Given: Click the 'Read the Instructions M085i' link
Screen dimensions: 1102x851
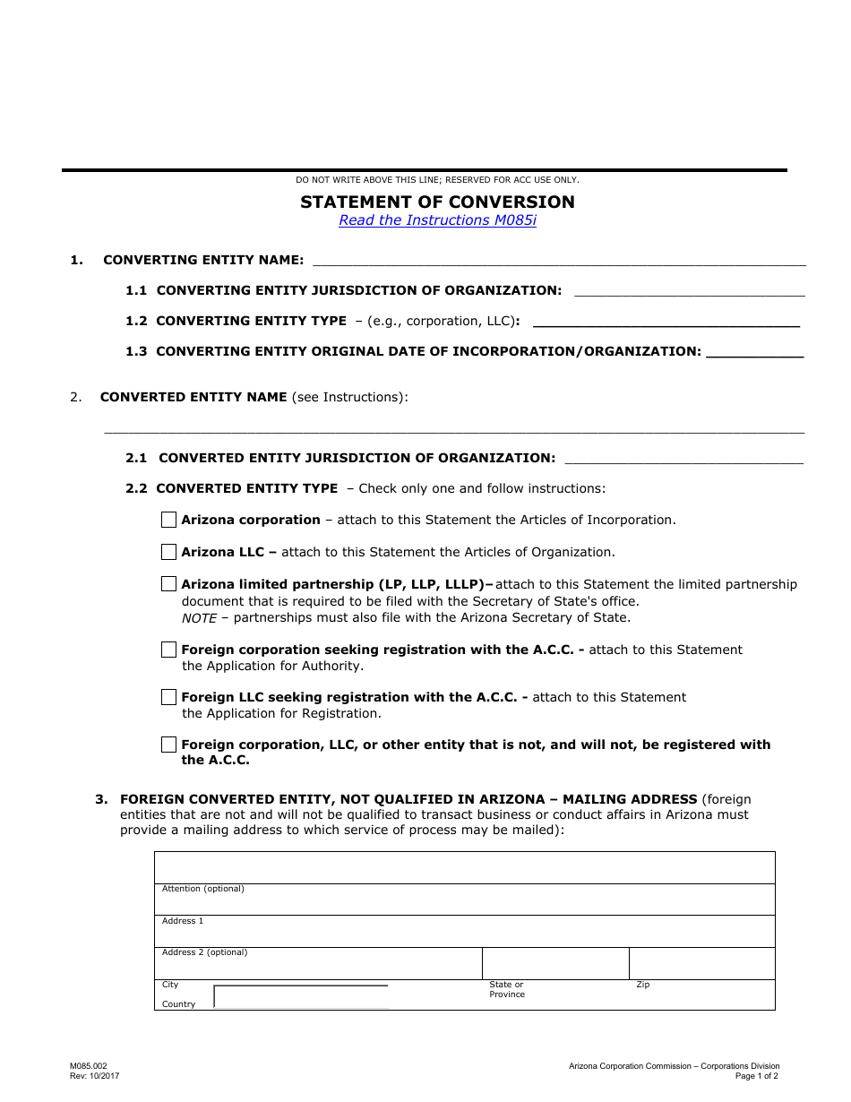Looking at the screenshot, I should click(x=437, y=220).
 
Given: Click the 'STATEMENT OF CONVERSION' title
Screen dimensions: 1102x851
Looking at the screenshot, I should click(x=437, y=202).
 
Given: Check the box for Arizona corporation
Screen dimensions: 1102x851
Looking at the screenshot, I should click(x=168, y=520).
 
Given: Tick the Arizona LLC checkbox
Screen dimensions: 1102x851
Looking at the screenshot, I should click(x=168, y=552).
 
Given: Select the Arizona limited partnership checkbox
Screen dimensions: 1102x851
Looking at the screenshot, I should click(x=168, y=584).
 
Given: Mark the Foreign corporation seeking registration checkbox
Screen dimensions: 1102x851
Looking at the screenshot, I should click(x=168, y=650).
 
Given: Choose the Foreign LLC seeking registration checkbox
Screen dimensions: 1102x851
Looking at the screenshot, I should click(x=168, y=697).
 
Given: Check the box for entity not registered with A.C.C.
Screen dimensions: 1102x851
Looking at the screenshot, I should click(x=168, y=745).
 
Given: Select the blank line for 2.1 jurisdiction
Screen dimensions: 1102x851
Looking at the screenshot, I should click(x=684, y=460).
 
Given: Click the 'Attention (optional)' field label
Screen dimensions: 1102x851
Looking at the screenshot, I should click(x=202, y=889).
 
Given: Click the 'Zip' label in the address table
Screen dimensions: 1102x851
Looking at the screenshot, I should click(x=642, y=985).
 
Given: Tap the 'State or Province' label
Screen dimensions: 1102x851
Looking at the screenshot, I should click(x=506, y=989).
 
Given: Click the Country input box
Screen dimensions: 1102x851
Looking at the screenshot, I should click(x=301, y=997).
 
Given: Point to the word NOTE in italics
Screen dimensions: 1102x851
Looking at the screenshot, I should click(x=199, y=617).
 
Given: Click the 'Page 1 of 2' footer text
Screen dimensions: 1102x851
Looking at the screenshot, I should click(x=756, y=1076).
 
